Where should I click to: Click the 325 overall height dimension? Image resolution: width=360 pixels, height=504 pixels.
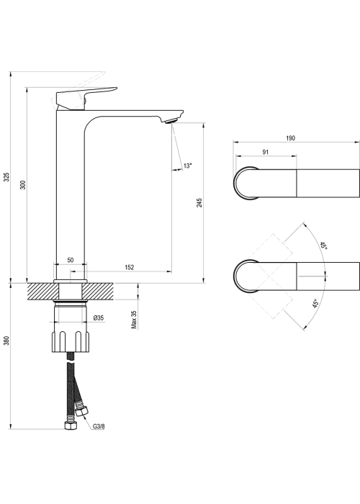7,176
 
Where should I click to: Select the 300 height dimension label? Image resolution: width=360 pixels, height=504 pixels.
23,185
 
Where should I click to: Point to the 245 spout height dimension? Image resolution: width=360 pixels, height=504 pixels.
199,202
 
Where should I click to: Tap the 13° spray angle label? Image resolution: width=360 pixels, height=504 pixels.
187,166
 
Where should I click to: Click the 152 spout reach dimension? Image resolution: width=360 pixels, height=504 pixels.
129,267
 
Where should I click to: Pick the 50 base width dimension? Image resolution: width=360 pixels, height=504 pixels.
71,260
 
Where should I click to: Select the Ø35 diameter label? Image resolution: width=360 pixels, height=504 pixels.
99,318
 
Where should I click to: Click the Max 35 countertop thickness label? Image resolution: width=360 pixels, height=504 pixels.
134,320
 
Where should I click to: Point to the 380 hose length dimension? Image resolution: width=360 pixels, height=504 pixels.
7,341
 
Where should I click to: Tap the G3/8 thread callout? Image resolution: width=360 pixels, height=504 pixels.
99,426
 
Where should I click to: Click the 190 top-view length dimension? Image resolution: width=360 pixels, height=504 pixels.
290,138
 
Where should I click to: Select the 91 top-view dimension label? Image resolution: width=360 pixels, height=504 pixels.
266,152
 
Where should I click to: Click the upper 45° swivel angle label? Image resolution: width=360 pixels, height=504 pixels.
323,246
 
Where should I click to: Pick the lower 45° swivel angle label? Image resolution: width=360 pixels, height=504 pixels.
315,304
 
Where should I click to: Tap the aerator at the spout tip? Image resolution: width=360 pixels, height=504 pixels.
171,121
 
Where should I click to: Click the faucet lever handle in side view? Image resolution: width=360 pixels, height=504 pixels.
86,97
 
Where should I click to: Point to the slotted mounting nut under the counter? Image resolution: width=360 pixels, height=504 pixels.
71,342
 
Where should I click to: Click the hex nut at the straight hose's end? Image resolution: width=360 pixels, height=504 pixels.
71,426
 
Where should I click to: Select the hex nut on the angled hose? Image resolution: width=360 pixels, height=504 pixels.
81,411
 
